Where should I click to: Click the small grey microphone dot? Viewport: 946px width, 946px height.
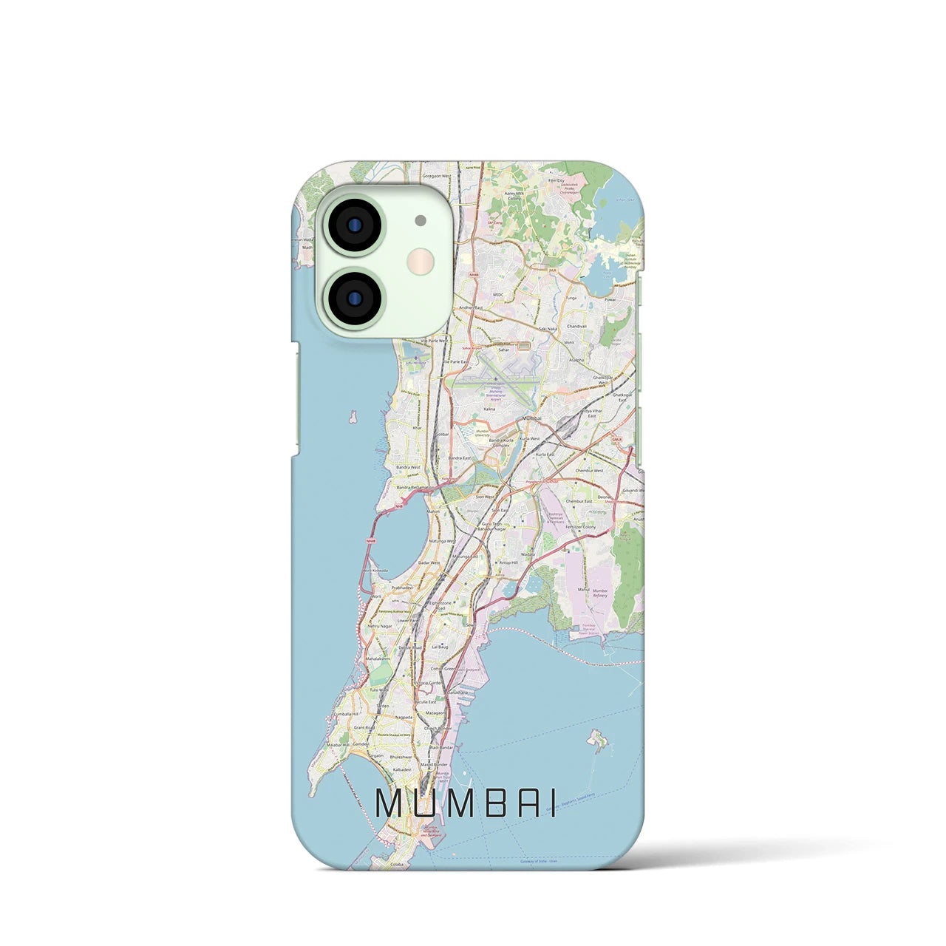click(421, 220)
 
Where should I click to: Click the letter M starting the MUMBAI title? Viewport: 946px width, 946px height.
click(390, 803)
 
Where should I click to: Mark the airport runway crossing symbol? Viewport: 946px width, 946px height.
click(496, 379)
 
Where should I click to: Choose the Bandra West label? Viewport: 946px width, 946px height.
click(408, 467)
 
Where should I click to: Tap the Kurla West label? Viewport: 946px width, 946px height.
click(530, 439)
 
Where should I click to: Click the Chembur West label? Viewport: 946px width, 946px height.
click(590, 470)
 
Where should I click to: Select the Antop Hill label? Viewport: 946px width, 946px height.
click(509, 562)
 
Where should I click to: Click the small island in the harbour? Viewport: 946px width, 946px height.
click(596, 738)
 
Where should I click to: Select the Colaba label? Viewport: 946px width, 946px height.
click(381, 862)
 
